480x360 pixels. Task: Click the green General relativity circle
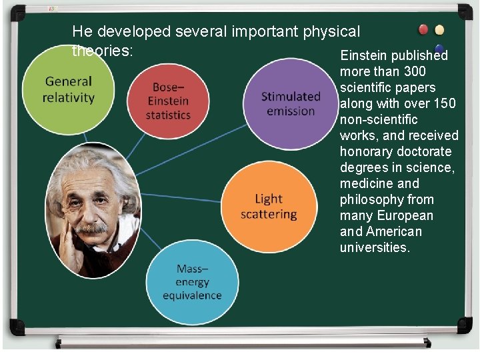click(x=68, y=91)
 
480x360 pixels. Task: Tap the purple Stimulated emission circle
click(x=291, y=103)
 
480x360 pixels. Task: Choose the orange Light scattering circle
click(x=267, y=207)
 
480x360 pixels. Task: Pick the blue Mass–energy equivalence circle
click(x=192, y=281)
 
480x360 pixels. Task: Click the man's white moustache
click(x=91, y=228)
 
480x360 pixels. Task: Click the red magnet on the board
click(x=423, y=30)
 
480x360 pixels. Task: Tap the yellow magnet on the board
click(x=439, y=30)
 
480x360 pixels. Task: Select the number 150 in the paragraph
click(x=445, y=103)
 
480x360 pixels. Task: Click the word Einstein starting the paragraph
click(x=363, y=55)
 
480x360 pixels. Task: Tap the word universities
click(x=375, y=247)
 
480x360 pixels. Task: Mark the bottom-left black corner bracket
click(x=17, y=327)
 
